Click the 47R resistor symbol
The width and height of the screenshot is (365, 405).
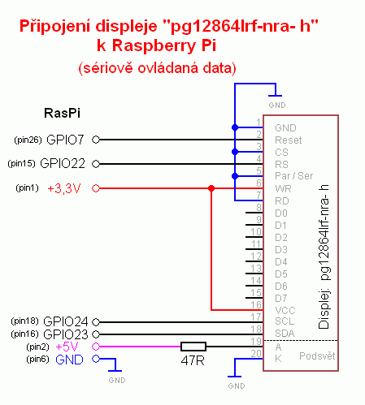click(193, 347)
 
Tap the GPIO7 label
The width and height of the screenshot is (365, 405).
click(65, 140)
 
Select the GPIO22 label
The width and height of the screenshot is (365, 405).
click(63, 164)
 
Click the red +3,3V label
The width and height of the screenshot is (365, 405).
click(64, 188)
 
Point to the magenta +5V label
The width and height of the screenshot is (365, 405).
click(67, 347)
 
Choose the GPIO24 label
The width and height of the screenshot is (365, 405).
click(66, 321)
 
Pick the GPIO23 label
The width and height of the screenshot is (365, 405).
click(66, 334)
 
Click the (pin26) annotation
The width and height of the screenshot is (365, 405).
click(28, 140)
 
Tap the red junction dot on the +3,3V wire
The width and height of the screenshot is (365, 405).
click(211, 188)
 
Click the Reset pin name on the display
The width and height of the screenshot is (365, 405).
click(289, 140)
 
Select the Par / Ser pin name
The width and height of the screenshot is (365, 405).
click(294, 176)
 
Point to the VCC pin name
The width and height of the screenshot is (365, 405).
click(285, 310)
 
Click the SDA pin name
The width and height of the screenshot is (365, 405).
click(285, 334)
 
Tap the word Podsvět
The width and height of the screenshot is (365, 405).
click(317, 356)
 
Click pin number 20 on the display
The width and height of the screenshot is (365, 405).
click(256, 353)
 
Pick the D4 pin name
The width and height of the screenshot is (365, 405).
click(281, 262)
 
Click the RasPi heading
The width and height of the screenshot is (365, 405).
click(62, 113)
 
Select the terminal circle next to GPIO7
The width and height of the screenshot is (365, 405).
click(96, 140)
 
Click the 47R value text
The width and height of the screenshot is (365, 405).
click(193, 360)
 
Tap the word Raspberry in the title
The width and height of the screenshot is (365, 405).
click(154, 45)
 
